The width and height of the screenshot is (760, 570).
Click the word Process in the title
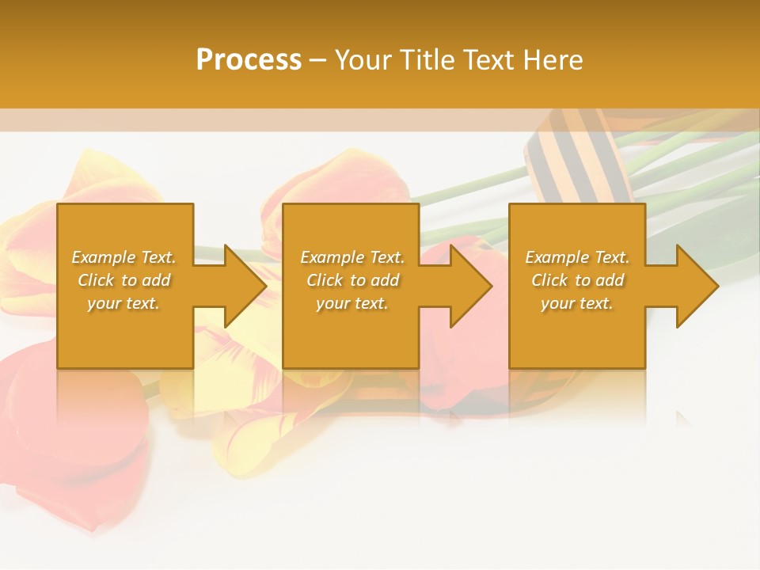pyautogui.click(x=249, y=59)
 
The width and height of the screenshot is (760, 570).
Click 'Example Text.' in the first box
pyautogui.click(x=123, y=257)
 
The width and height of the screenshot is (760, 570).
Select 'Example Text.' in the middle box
pyautogui.click(x=352, y=257)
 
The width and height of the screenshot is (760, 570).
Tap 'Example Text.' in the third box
pyautogui.click(x=577, y=257)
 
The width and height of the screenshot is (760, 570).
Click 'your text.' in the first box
pyautogui.click(x=123, y=303)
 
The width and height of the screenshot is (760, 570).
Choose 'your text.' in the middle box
pyautogui.click(x=352, y=303)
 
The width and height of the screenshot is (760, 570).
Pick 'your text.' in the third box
pyautogui.click(x=577, y=303)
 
